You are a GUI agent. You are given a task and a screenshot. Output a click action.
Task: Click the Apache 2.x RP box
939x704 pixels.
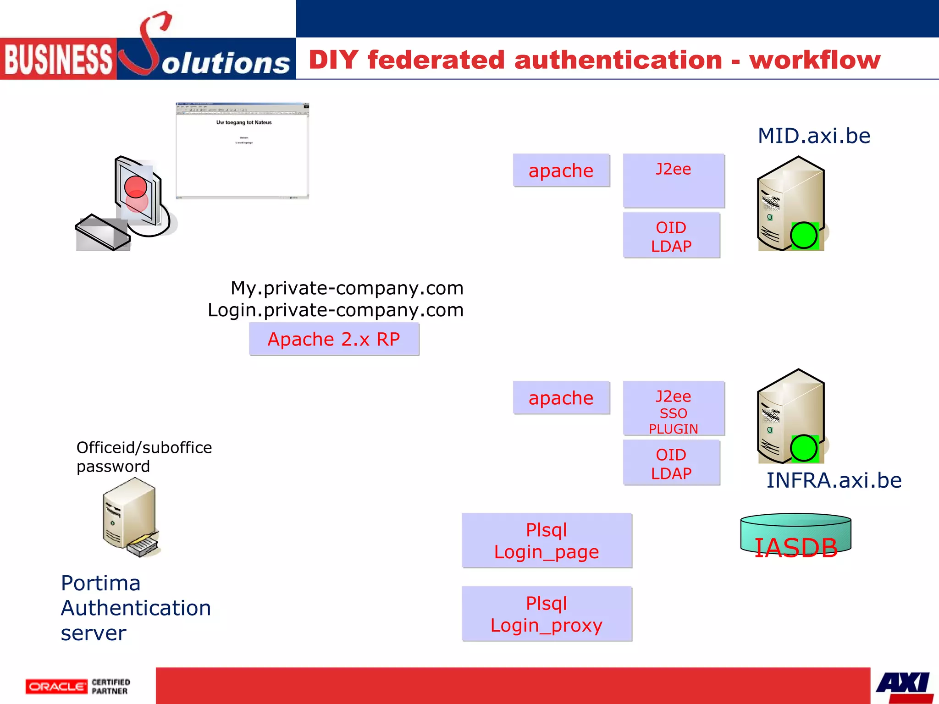[334, 339]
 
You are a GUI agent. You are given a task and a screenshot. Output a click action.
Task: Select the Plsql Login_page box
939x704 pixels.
[547, 541]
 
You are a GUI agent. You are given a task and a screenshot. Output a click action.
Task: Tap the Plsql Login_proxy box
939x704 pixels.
[547, 614]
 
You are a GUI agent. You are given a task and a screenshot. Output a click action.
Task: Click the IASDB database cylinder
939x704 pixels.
[796, 535]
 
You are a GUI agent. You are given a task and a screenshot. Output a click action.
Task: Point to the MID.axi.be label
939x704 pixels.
[814, 136]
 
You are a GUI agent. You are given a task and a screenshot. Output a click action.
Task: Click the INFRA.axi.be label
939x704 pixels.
[834, 480]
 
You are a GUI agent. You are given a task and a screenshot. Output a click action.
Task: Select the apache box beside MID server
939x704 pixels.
[561, 170]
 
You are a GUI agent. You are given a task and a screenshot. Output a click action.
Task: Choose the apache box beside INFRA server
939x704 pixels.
[561, 398]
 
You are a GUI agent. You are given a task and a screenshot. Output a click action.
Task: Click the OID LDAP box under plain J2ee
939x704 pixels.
[671, 236]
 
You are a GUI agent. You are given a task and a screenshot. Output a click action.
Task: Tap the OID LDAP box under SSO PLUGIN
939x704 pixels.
[671, 463]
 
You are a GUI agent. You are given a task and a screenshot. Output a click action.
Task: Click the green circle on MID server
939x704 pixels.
[804, 236]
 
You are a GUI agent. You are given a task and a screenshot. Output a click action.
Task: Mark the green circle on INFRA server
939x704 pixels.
[804, 448]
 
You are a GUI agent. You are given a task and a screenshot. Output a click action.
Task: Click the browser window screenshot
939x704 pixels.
[243, 151]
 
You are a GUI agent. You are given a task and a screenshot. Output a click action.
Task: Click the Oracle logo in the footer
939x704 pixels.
[56, 687]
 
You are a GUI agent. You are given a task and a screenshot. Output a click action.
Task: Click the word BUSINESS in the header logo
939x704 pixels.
[58, 59]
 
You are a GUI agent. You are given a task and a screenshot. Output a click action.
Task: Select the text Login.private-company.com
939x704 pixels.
[336, 310]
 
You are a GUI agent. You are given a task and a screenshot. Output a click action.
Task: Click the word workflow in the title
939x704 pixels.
[815, 60]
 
